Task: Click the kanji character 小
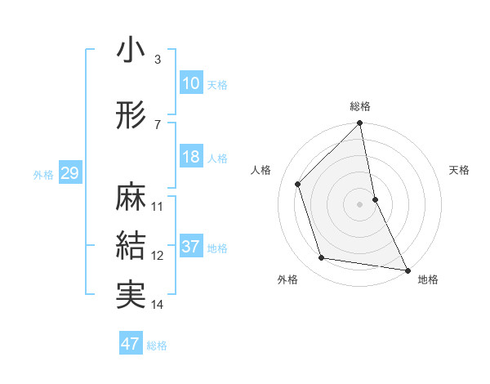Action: [131, 51]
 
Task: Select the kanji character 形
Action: [131, 115]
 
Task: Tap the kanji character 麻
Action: [131, 197]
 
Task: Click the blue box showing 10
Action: [191, 83]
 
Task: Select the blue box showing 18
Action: [191, 157]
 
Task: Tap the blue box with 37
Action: [191, 247]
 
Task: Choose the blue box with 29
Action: [69, 173]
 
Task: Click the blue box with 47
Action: [131, 344]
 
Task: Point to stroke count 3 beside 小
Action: [158, 59]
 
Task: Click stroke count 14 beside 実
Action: [158, 305]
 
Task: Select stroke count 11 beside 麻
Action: [158, 206]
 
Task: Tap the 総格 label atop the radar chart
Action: [360, 106]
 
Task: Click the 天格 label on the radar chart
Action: [460, 170]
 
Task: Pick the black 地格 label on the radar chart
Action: [428, 279]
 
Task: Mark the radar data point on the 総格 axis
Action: [360, 124]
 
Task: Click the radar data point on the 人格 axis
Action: [298, 184]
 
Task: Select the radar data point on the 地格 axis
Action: [407, 269]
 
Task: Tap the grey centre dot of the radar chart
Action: [360, 203]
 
